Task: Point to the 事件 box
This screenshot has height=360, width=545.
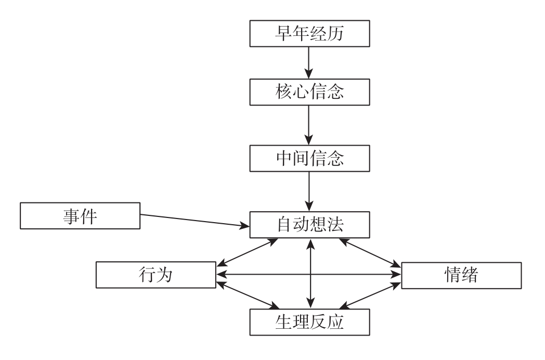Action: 81,215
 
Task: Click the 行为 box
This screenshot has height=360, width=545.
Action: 156,274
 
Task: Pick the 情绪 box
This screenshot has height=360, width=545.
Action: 461,274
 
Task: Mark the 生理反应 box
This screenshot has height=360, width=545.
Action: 310,322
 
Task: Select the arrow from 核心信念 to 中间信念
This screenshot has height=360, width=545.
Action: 310,124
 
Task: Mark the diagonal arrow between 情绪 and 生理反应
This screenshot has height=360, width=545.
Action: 371,294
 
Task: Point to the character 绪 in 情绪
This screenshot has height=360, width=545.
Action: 473,274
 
